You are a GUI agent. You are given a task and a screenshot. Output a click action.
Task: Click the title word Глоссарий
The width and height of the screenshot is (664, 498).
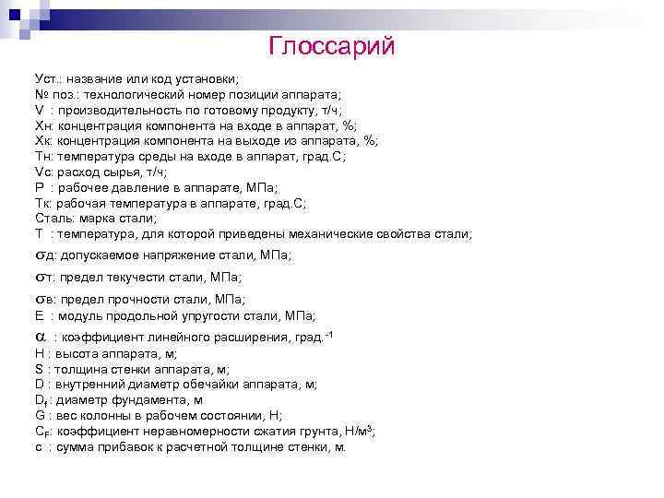331,45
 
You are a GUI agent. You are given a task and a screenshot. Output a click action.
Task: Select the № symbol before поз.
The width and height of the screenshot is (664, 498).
41,95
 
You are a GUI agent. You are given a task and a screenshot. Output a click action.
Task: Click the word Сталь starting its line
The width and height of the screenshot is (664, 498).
53,218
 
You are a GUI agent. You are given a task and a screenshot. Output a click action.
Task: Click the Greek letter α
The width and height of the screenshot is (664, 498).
41,337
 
